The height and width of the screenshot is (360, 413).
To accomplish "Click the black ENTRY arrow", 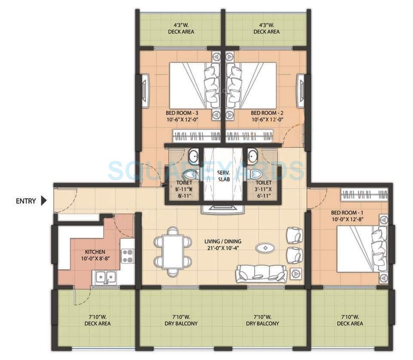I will pyautogui.click(x=43, y=201).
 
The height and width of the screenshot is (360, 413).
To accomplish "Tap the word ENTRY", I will pyautogui.click(x=26, y=201).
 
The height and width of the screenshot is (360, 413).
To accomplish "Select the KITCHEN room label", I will pyautogui.click(x=95, y=255).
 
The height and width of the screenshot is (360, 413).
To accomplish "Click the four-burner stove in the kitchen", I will pyautogui.click(x=127, y=256).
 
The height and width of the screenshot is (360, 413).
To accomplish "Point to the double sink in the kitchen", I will pyautogui.click(x=105, y=277).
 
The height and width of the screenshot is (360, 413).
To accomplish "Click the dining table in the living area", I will pyautogui.click(x=173, y=252).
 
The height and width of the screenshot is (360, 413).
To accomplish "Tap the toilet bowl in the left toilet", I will pyautogui.click(x=190, y=174).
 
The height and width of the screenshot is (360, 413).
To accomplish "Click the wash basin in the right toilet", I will pyautogui.click(x=253, y=155).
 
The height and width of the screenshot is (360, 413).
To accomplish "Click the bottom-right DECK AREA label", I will pyautogui.click(x=350, y=320).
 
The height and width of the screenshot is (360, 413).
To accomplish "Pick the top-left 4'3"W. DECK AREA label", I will pyautogui.click(x=181, y=28).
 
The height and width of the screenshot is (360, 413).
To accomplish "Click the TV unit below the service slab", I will pyautogui.click(x=223, y=209).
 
